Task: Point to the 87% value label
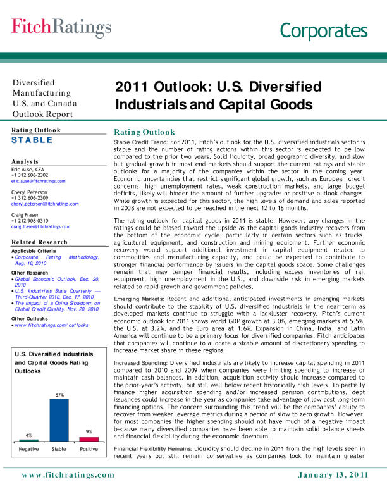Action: click(x=59, y=376)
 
